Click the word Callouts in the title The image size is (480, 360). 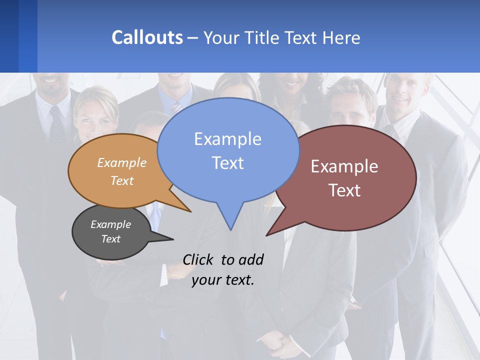pyautogui.click(x=147, y=37)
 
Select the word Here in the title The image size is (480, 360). pyautogui.click(x=342, y=38)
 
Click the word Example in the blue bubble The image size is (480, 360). pyautogui.click(x=227, y=139)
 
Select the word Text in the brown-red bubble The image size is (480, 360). pyautogui.click(x=345, y=190)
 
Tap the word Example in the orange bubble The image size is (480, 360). pyautogui.click(x=122, y=163)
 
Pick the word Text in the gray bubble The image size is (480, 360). pyautogui.click(x=111, y=239)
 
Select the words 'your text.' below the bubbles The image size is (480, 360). pyautogui.click(x=223, y=280)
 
